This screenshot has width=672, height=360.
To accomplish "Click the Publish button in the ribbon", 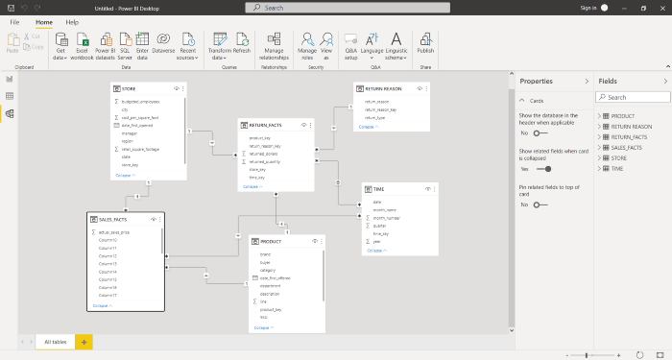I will tap(425, 44).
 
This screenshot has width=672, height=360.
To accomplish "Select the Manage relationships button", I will tap(274, 44).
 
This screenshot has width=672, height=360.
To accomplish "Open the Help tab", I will tap(72, 21).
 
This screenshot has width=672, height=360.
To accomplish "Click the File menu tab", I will tap(15, 21).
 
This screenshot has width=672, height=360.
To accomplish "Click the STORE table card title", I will tap(131, 88).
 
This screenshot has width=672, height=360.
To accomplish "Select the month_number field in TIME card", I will tap(389, 218).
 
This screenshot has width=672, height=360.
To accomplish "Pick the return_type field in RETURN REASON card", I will tap(376, 117).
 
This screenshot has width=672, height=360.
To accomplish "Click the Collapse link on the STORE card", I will tap(126, 176).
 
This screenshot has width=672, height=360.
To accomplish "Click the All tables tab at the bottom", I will tap(55, 342).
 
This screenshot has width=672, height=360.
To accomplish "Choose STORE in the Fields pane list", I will tap(618, 159).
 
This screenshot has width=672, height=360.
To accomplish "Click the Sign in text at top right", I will tap(588, 7).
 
